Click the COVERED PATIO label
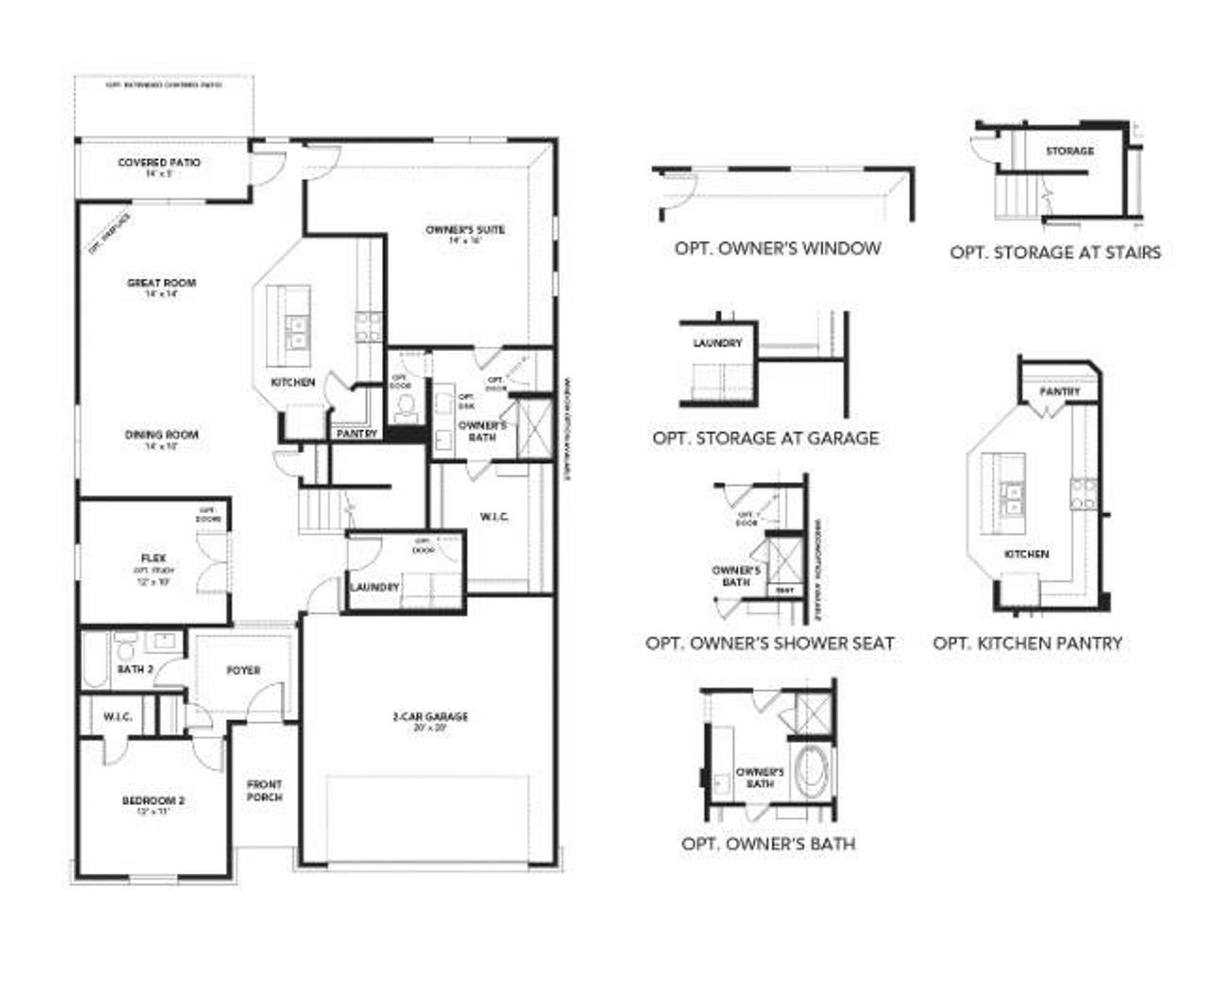[159, 163]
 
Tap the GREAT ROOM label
[161, 283]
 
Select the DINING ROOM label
[161, 436]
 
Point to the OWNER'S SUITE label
[465, 230]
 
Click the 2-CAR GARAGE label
[430, 717]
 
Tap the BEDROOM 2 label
[154, 801]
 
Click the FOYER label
[243, 671]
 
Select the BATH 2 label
[135, 670]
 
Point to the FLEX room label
[154, 558]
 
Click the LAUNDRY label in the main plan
[375, 587]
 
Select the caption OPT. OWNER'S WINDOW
[778, 249]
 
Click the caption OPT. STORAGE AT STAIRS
[1055, 252]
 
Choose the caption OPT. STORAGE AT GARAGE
[765, 438]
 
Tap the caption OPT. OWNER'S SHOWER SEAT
[769, 643]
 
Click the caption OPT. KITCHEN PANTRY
[1027, 643]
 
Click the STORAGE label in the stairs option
[1069, 151]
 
